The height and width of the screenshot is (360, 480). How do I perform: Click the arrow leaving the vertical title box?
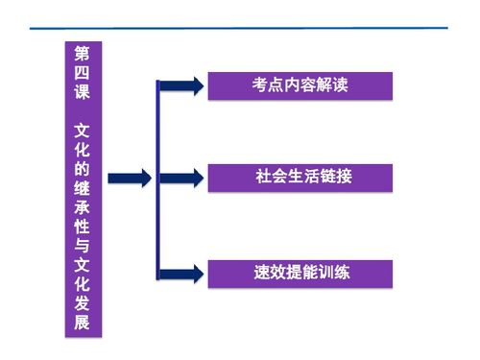[130, 178]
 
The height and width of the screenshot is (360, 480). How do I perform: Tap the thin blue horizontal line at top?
[240, 29]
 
